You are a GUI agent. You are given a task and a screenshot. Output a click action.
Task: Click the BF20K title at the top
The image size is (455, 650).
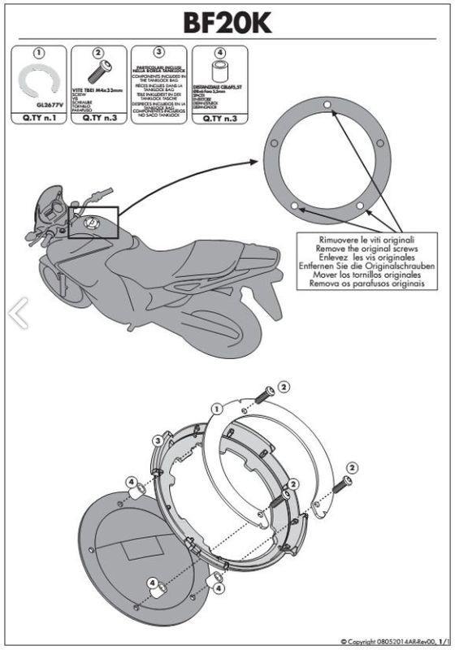(x=227, y=24)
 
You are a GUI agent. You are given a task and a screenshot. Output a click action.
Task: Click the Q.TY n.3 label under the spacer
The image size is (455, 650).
(x=218, y=119)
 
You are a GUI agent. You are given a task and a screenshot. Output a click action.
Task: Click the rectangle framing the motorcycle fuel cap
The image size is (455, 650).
(x=94, y=222)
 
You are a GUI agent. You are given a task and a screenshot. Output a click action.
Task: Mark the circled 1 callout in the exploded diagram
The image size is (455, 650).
(x=218, y=409)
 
